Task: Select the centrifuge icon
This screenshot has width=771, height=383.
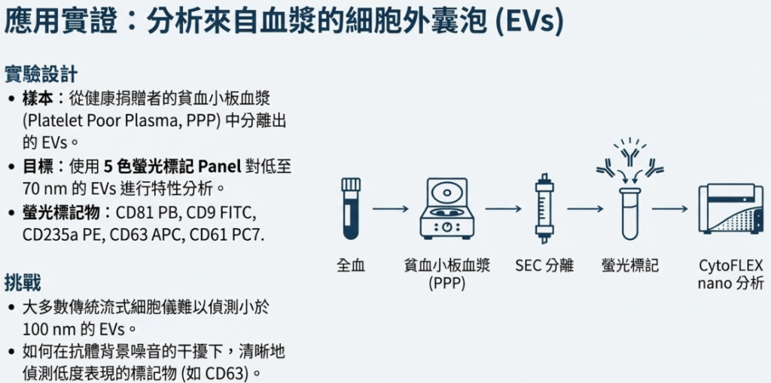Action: click(x=447, y=208)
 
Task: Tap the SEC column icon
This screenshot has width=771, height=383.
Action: click(x=544, y=208)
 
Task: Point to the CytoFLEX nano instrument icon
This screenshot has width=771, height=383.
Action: click(x=730, y=208)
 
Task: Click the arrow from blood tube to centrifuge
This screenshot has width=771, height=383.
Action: click(x=390, y=208)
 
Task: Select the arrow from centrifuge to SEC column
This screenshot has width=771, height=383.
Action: click(x=503, y=208)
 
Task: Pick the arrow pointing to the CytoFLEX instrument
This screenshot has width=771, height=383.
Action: click(x=670, y=208)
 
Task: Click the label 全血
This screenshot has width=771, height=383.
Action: click(x=351, y=266)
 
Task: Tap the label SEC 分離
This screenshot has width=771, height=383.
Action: click(x=544, y=266)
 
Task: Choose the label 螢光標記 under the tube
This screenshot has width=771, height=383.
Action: click(x=630, y=266)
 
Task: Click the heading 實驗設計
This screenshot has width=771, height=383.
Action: click(x=41, y=74)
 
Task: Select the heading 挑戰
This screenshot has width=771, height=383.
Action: click(x=23, y=283)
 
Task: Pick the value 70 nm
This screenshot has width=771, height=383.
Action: click(x=41, y=188)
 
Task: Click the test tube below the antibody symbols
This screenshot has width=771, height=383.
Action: click(x=630, y=213)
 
